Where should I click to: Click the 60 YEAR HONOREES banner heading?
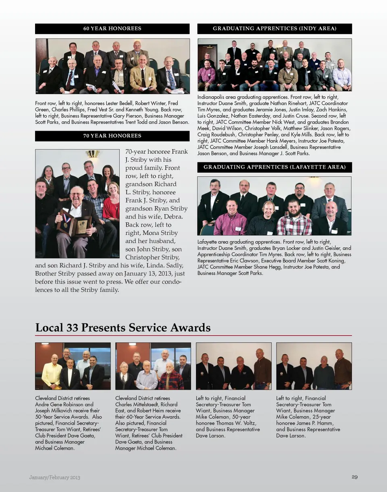point(112,29)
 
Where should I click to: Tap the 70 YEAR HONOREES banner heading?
point(112,136)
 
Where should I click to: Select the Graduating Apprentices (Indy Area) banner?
point(274,29)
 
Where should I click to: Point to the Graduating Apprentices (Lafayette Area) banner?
point(274,167)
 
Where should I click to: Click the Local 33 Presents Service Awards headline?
point(123,327)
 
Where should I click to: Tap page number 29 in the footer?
point(354,477)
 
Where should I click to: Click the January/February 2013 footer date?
point(54,478)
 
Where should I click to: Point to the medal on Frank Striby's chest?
point(65,218)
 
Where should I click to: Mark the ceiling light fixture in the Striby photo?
point(92,153)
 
